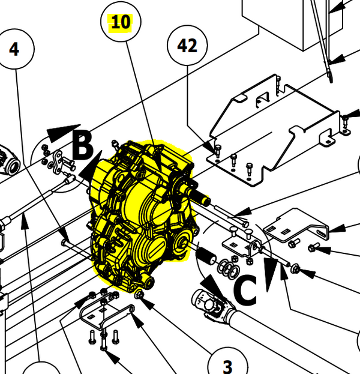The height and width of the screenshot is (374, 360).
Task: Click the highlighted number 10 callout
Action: pyautogui.click(x=120, y=23)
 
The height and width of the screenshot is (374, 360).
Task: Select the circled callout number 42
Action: pyautogui.click(x=187, y=46)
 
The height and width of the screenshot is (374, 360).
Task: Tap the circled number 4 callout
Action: pyautogui.click(x=14, y=49)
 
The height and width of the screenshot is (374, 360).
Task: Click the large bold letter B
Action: pyautogui.click(x=83, y=144)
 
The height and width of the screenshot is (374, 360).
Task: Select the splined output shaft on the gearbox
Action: pyautogui.click(x=199, y=196)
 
